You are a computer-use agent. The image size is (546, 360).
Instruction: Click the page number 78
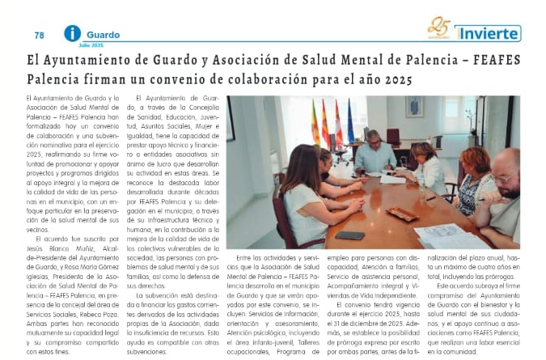pyautogui.click(x=39, y=36)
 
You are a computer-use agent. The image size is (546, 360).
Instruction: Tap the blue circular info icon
pyautogui.click(x=73, y=33)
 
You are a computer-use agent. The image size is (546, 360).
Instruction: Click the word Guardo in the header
pyautogui.click(x=103, y=35)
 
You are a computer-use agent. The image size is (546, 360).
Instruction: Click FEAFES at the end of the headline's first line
pyautogui.click(x=495, y=61)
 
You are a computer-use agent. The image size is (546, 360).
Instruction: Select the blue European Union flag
pyautogui.click(x=351, y=121)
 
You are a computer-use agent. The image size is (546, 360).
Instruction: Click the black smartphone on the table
pyautogui.click(x=350, y=235)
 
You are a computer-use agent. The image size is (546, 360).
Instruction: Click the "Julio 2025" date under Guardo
pyautogui.click(x=91, y=44)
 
